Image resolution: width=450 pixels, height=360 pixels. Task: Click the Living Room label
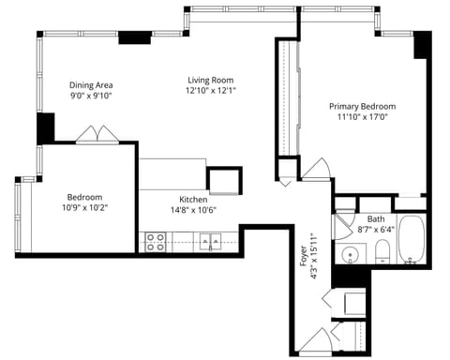click(210, 80)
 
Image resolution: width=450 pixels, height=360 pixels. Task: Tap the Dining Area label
click(91, 85)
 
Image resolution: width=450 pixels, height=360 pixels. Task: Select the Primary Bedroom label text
click(363, 107)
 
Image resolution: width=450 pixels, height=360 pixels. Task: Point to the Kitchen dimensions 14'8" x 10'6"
click(193, 210)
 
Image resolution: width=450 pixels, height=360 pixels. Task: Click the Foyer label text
click(303, 256)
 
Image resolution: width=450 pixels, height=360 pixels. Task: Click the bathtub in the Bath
click(412, 239)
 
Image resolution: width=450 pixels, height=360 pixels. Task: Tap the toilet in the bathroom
click(382, 251)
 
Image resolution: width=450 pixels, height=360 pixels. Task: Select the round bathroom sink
click(350, 254)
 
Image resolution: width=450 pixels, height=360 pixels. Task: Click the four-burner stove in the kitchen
click(156, 242)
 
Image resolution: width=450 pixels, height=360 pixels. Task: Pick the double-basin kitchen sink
click(210, 242)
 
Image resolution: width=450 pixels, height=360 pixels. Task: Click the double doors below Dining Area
click(97, 135)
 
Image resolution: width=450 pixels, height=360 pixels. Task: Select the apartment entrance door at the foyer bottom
click(316, 341)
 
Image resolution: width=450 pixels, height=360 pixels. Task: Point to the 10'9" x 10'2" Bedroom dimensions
click(85, 207)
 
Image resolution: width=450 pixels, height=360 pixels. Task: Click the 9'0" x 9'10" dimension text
click(91, 96)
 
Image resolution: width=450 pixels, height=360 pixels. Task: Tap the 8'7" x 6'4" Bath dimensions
click(376, 230)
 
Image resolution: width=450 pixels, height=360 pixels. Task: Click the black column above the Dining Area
click(135, 37)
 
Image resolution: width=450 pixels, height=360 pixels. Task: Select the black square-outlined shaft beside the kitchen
click(224, 181)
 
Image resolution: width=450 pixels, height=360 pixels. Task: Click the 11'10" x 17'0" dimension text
click(363, 117)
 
